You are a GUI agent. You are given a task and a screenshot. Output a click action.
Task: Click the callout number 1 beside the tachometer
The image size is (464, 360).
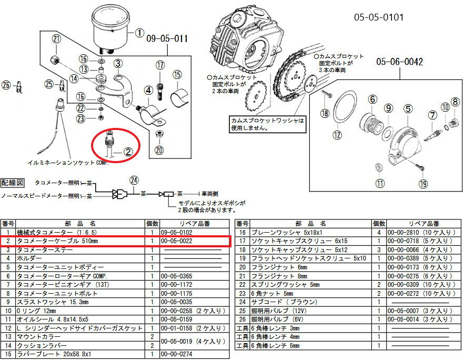(x=139, y=33)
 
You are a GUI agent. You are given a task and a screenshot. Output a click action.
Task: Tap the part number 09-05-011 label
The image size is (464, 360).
(x=167, y=39)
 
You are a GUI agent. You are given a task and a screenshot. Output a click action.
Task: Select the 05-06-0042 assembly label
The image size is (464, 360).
(x=399, y=62)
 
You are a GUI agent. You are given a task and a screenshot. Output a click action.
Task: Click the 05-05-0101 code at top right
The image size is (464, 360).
(x=379, y=17)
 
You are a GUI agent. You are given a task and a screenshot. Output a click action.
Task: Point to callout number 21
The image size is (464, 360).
(x=56, y=39)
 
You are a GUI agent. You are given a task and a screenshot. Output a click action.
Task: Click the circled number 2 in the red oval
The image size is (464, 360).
(x=128, y=152)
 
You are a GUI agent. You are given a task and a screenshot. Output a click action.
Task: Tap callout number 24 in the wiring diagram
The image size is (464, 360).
(x=134, y=181)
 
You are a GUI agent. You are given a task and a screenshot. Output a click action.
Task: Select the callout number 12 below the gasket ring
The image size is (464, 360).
(x=337, y=135)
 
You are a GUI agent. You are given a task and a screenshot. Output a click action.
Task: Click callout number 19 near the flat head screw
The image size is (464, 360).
(x=423, y=184)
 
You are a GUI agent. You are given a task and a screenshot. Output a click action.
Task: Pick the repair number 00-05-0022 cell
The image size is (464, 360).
(x=177, y=241)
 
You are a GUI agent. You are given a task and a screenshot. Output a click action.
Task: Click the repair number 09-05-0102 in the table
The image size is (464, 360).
(x=177, y=233)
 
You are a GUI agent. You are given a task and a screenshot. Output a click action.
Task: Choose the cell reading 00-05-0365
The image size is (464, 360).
(x=177, y=276)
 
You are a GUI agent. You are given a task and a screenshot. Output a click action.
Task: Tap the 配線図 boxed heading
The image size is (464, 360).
(x=12, y=183)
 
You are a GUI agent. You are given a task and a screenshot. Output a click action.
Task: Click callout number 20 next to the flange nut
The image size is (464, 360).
(x=159, y=150)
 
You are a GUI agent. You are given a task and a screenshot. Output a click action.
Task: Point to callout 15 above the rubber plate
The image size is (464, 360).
(x=177, y=75)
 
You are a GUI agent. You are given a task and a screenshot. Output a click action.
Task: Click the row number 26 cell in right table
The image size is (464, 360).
(x=243, y=319)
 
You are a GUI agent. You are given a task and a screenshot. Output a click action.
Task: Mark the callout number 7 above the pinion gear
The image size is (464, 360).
(x=432, y=115)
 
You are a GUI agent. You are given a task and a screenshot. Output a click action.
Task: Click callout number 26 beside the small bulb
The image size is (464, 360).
(x=6, y=85)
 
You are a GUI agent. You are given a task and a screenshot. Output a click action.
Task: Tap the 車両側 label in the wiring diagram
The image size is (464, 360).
(x=209, y=194)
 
